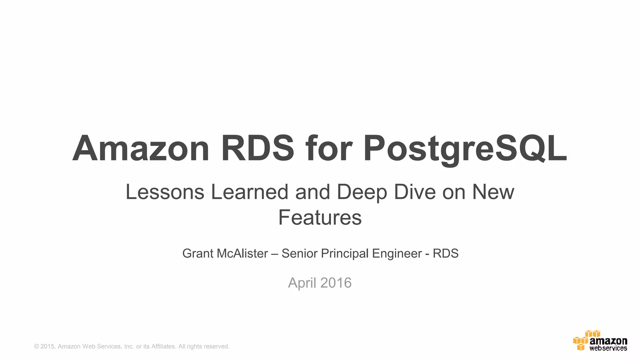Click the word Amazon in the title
[x=141, y=148]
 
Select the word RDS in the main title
[x=258, y=148]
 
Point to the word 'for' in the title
[x=329, y=148]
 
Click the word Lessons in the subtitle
[x=165, y=192]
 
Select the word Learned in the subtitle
[x=250, y=192]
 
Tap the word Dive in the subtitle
[x=415, y=192]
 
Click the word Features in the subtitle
[x=320, y=217]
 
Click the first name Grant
[x=198, y=253]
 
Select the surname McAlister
[x=242, y=253]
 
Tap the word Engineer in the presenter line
[x=397, y=253]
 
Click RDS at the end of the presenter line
[x=446, y=253]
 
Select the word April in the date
[x=302, y=283]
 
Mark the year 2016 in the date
[x=336, y=283]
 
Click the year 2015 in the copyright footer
[x=47, y=346]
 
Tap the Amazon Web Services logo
[x=600, y=340]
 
